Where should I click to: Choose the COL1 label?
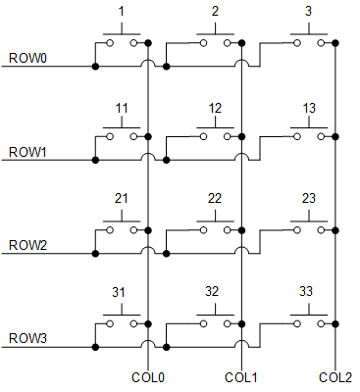239,377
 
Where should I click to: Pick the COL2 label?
334,377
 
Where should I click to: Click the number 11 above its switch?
122,107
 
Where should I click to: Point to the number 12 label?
217,107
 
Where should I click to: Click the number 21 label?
122,198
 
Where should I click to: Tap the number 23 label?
310,198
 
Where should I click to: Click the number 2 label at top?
216,13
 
